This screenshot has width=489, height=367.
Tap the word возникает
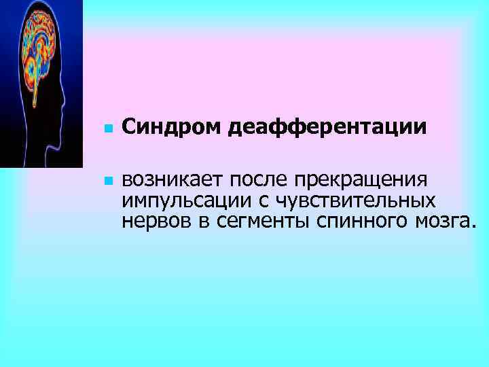(173, 181)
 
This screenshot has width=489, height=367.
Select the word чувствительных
(345, 201)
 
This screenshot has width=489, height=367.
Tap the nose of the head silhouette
(68, 102)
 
